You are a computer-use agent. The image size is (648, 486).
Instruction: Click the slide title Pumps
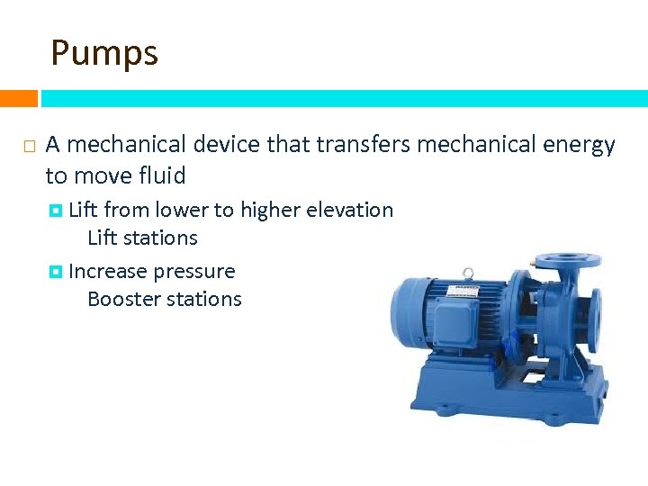(104, 52)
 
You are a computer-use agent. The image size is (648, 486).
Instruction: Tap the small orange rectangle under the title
(18, 98)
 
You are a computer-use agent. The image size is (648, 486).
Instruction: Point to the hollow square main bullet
(29, 146)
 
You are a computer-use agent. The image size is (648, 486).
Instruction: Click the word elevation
(350, 210)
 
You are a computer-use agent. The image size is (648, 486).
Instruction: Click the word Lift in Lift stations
(103, 238)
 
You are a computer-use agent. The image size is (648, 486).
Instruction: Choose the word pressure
(193, 271)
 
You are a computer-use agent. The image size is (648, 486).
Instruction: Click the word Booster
(122, 299)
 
